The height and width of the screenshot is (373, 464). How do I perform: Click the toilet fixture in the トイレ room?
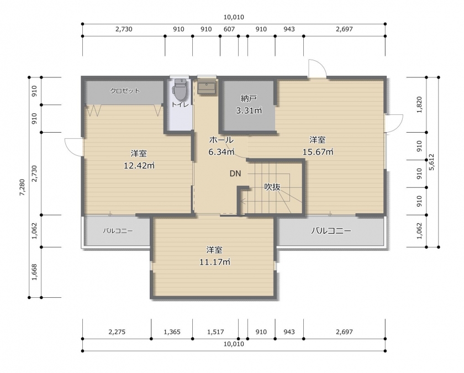(180, 89)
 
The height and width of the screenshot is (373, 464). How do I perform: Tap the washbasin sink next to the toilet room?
(207, 86)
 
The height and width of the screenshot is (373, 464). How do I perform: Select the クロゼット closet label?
(125, 91)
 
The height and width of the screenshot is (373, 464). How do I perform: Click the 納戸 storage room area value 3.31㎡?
(249, 111)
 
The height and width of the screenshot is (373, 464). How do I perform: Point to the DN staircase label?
(235, 174)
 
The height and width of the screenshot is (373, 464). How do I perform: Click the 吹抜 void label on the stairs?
(272, 187)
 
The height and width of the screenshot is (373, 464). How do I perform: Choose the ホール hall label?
(222, 140)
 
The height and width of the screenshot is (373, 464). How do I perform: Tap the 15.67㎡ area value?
(318, 152)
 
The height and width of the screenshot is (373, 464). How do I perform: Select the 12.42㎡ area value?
(139, 165)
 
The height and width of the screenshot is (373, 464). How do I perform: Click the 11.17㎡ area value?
(214, 262)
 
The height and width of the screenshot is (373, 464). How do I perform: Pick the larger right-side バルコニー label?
(331, 231)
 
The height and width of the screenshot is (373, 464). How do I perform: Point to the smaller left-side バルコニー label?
(118, 231)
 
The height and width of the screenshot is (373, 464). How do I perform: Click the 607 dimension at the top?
(229, 29)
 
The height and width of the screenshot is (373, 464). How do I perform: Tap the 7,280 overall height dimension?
(22, 187)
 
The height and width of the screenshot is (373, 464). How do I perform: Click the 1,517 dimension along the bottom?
(215, 332)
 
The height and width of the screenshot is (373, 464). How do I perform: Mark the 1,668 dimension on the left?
(34, 272)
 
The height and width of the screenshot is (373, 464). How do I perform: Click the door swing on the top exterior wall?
(317, 69)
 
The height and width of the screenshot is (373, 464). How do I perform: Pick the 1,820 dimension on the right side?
(419, 105)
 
